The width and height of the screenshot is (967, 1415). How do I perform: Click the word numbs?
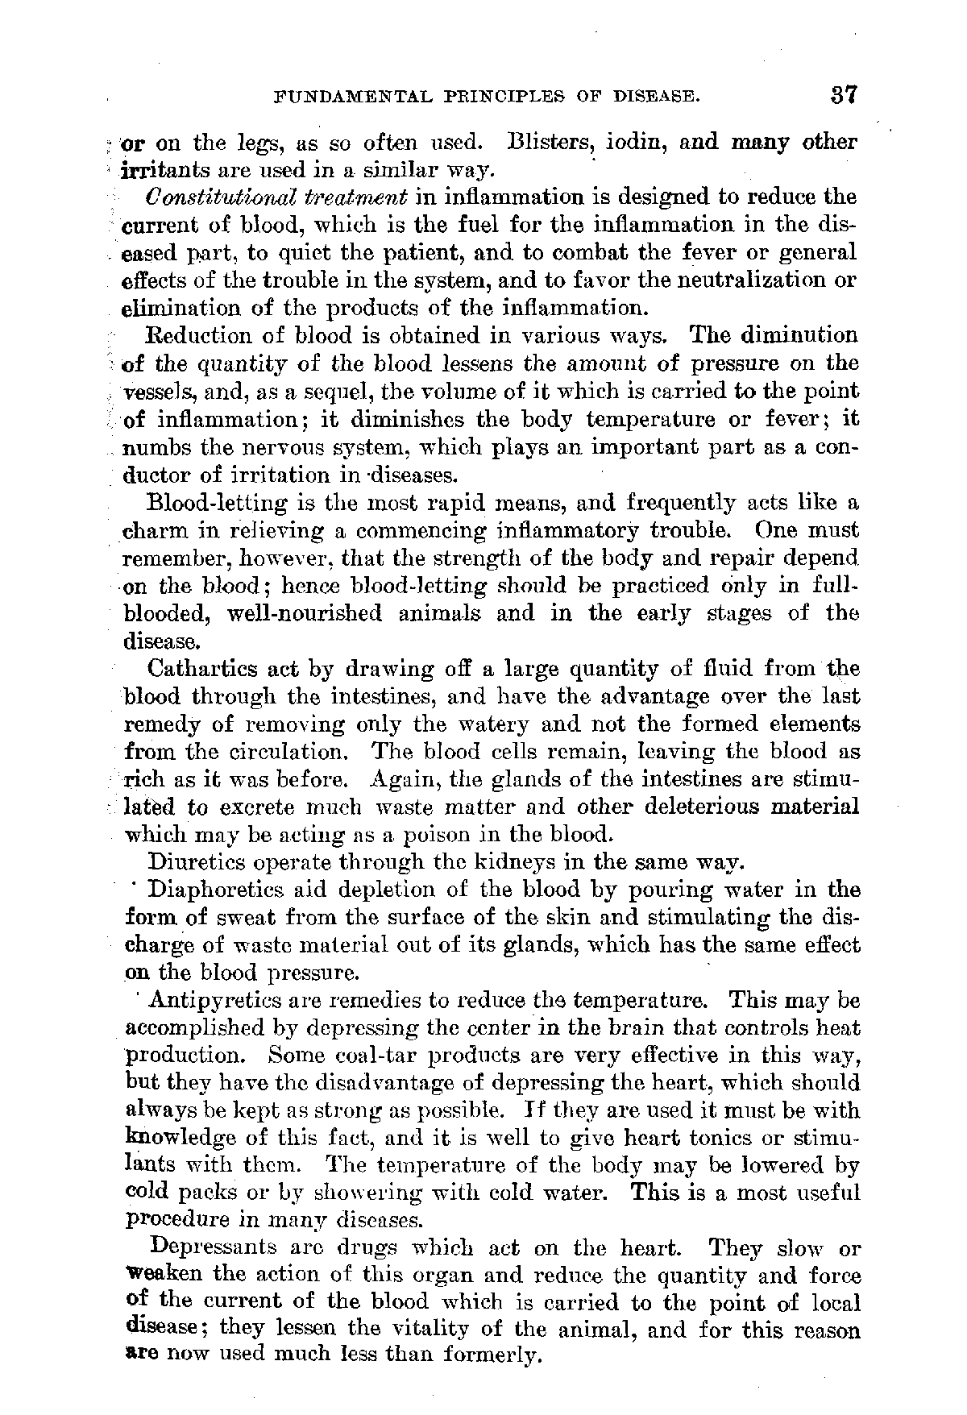(x=150, y=447)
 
